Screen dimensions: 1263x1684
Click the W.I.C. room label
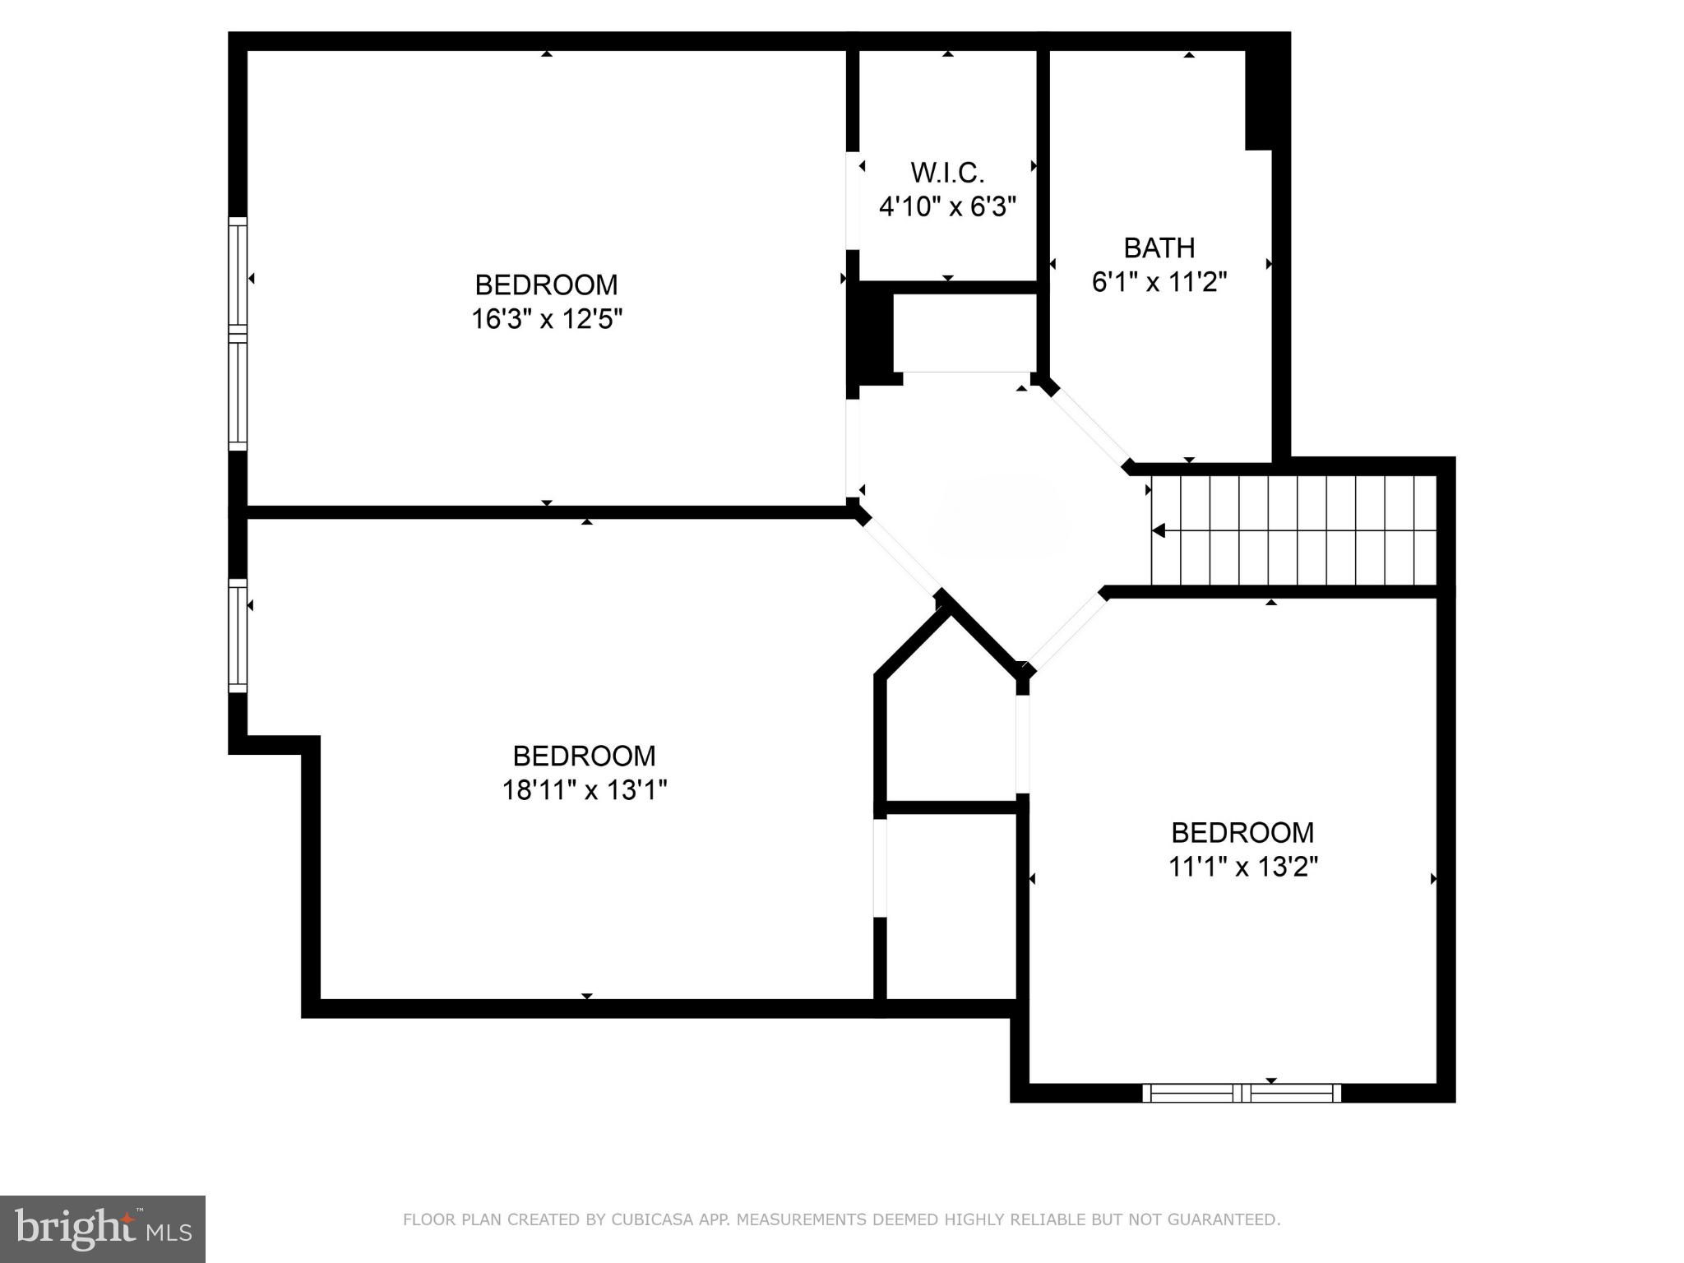947,173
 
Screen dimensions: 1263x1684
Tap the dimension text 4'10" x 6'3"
947,206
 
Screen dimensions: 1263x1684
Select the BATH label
1159,248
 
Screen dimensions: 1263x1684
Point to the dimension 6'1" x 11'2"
1159,282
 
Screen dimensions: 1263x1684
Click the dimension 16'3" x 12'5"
546,319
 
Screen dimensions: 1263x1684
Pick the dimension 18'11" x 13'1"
584,790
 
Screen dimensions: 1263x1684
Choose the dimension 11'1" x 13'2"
1242,867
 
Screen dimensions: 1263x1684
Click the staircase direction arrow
1159,530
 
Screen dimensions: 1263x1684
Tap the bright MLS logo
102,1228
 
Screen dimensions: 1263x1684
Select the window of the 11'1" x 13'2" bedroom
1242,1093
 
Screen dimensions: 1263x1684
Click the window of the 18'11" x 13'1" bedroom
238,636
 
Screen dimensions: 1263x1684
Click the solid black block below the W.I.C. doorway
870,333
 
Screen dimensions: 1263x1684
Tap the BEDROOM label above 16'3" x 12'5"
546,285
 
